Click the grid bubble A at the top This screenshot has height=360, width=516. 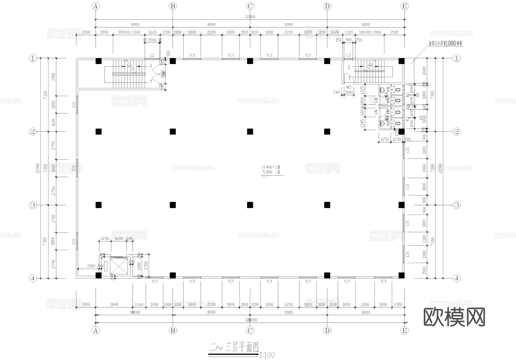(95, 6)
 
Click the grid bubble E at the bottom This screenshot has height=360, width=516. (404, 330)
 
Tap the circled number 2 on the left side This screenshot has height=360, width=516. (33, 132)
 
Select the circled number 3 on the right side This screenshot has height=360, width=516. (456, 205)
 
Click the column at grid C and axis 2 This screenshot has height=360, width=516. (250, 132)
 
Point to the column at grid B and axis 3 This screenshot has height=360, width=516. (173, 205)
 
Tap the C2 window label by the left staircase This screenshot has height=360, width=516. (152, 55)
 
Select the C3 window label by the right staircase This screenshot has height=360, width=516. (348, 55)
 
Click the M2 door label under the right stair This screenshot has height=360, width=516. (349, 87)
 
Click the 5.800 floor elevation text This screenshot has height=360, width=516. (267, 172)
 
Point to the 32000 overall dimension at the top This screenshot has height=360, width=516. (250, 17)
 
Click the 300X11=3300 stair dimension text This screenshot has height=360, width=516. (129, 32)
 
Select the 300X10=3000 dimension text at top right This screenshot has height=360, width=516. (370, 32)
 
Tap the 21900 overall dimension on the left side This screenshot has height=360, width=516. (38, 169)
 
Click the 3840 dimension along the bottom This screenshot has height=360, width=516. (114, 304)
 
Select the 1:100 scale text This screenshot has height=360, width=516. (267, 355)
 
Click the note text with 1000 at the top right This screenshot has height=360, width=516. (445, 43)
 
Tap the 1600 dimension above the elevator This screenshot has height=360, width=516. (119, 238)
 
